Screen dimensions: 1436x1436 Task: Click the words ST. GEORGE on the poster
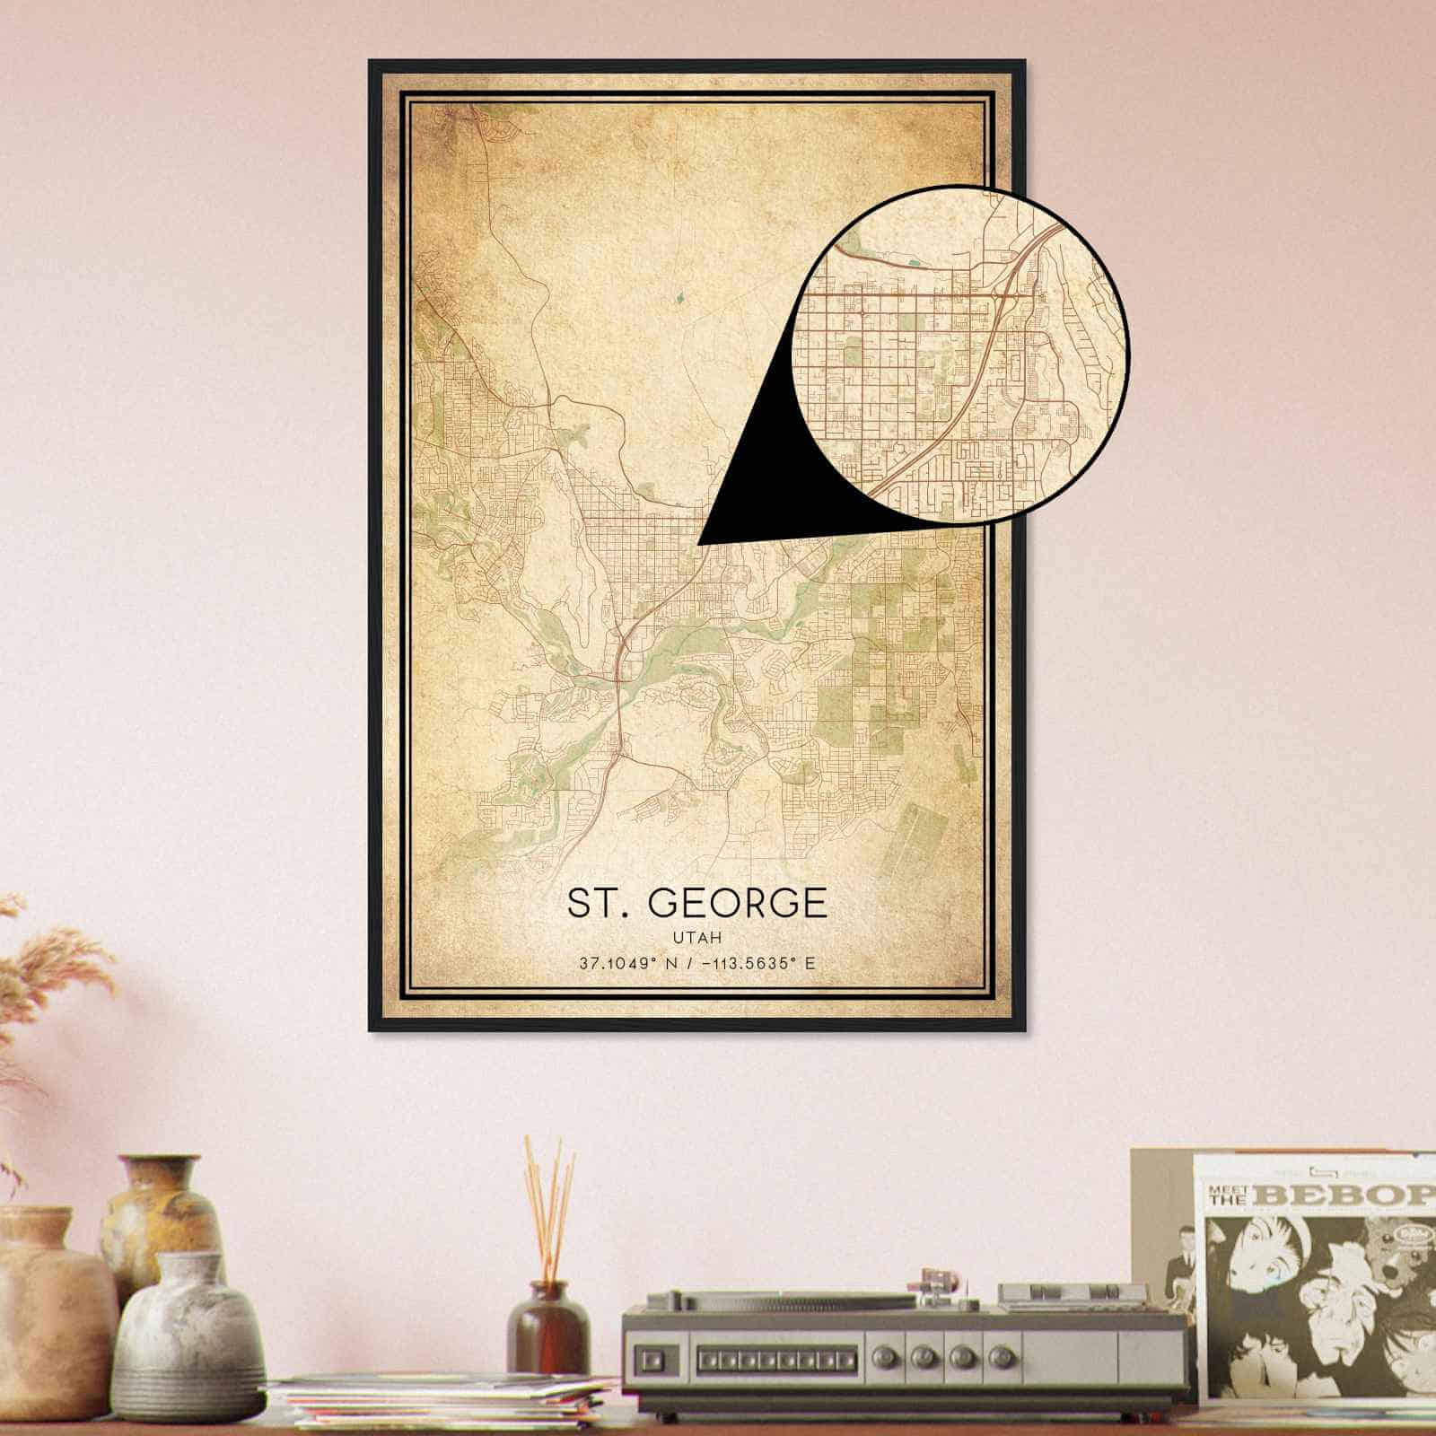click(x=696, y=903)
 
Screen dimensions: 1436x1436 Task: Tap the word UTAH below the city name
click(x=696, y=935)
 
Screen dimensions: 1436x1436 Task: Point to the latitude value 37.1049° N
click(x=618, y=963)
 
